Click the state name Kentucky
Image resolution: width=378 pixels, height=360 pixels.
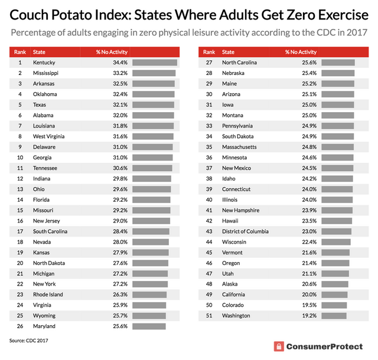click(x=45, y=63)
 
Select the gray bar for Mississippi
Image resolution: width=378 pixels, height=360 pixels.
click(x=154, y=73)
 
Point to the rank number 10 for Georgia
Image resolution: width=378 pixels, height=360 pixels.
click(x=19, y=158)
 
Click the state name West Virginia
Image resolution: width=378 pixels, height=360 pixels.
click(x=50, y=136)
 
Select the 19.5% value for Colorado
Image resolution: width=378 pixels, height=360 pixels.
click(x=292, y=305)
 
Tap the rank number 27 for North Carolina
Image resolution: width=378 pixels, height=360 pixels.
click(x=209, y=63)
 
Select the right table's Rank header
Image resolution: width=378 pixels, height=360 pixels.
click(x=208, y=52)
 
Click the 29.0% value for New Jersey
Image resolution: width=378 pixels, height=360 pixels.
click(x=103, y=221)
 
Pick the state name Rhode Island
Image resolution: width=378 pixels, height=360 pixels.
click(x=48, y=294)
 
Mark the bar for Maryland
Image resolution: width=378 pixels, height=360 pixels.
click(x=149, y=326)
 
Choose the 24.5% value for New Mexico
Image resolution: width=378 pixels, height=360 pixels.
click(x=292, y=168)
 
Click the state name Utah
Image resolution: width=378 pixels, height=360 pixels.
click(x=229, y=273)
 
